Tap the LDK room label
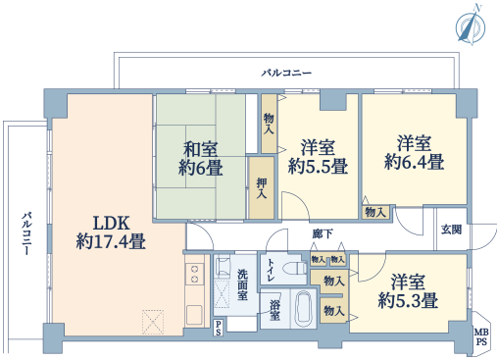(x=111, y=232)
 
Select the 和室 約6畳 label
(x=201, y=159)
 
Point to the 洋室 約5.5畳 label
(x=318, y=157)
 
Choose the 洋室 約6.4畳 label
(x=414, y=152)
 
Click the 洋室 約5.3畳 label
(x=408, y=291)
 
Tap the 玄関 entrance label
(x=451, y=230)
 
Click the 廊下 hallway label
(x=323, y=233)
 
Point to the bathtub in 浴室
(x=305, y=308)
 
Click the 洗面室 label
(x=242, y=284)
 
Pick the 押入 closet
(x=262, y=187)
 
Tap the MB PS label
(x=481, y=337)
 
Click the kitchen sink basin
(x=194, y=315)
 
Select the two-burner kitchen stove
(x=194, y=274)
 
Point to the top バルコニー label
(x=286, y=73)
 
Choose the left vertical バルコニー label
(x=27, y=233)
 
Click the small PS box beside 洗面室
(x=218, y=328)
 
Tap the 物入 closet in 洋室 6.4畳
(x=375, y=212)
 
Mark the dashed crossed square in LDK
(x=153, y=322)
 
